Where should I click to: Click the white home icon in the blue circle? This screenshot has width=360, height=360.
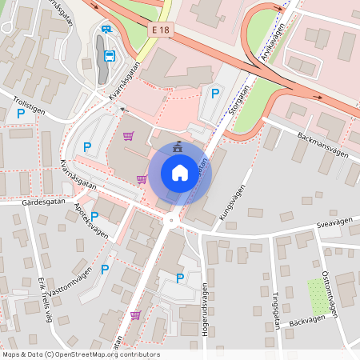click(x=179, y=172)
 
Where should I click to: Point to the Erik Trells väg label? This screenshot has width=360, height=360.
click(x=45, y=300)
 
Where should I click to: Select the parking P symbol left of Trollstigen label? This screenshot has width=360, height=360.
click(x=22, y=114)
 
